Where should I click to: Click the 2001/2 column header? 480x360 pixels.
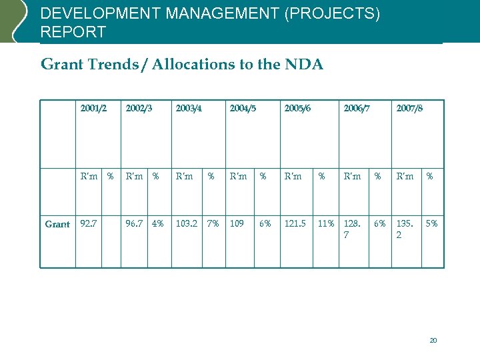click(x=93, y=108)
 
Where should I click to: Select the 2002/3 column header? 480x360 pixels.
click(x=139, y=108)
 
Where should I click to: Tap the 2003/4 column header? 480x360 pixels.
click(x=189, y=108)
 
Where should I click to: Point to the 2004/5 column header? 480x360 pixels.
click(x=243, y=108)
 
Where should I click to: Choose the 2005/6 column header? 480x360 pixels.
click(x=297, y=108)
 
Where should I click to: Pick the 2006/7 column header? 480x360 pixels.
click(x=356, y=108)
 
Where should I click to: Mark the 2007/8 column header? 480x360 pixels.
click(x=409, y=108)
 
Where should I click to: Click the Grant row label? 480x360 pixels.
click(x=57, y=224)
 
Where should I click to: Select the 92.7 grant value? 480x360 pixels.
click(x=89, y=224)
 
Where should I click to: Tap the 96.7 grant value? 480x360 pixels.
click(x=135, y=224)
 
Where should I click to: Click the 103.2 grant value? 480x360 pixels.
click(x=186, y=224)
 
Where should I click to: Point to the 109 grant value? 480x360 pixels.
click(x=237, y=224)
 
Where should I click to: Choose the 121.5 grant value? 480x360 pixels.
click(x=295, y=224)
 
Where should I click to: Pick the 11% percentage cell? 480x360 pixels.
click(x=326, y=224)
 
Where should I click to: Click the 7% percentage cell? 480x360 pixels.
click(x=213, y=224)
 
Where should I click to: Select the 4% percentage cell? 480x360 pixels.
click(x=158, y=224)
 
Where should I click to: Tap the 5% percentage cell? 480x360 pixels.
click(x=432, y=224)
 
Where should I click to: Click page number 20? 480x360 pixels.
click(x=433, y=341)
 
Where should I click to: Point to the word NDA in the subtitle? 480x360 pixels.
click(x=303, y=65)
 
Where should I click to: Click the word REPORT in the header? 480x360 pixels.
click(x=73, y=32)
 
